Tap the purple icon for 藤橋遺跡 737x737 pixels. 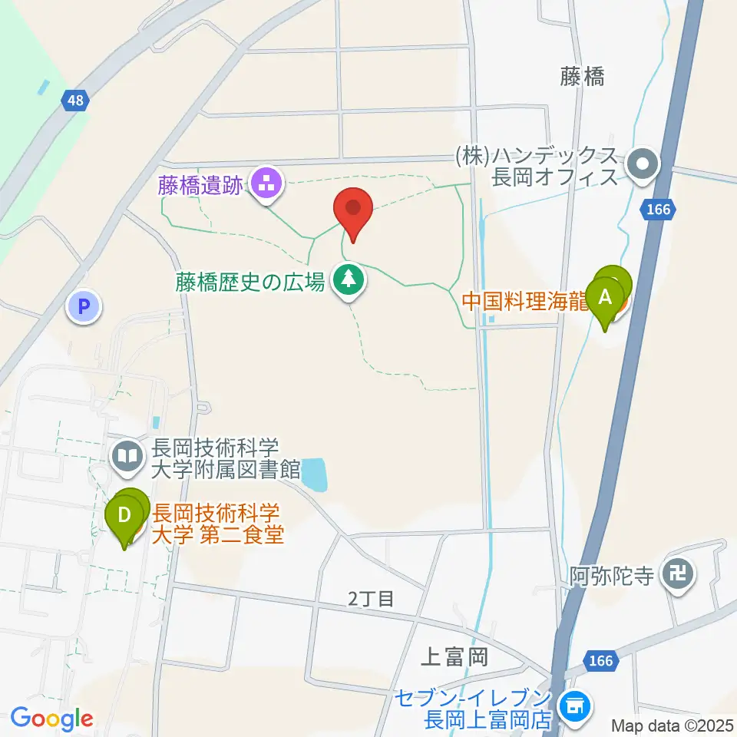pyautogui.click(x=267, y=184)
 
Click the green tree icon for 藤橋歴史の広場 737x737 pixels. pyautogui.click(x=349, y=279)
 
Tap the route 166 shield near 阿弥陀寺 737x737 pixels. pyautogui.click(x=603, y=660)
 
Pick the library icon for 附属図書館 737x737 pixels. pyautogui.click(x=127, y=458)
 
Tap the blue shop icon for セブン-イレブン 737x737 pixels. pyautogui.click(x=574, y=702)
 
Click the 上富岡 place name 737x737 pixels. pyautogui.click(x=454, y=657)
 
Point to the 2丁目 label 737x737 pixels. pyautogui.click(x=371, y=598)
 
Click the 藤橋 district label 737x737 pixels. pyautogui.click(x=582, y=76)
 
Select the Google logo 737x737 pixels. pyautogui.click(x=51, y=719)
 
